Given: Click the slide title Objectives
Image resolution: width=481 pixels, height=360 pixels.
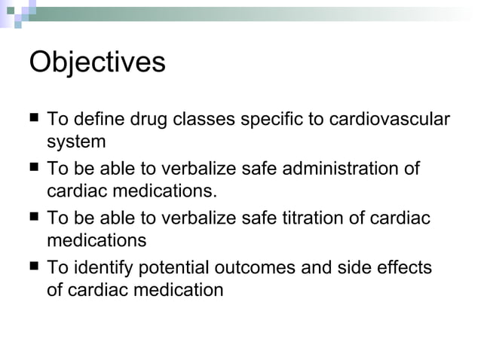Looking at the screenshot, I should (97, 63).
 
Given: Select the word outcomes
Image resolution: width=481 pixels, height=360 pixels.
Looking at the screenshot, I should (263, 268).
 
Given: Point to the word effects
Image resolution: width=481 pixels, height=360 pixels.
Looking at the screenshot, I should (405, 268).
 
